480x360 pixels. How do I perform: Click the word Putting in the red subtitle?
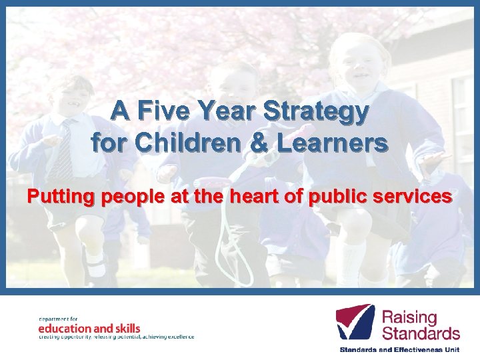[55, 197]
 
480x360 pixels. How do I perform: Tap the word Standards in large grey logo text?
[421, 333]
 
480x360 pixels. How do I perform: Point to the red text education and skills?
[89, 328]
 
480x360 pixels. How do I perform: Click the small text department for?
[59, 319]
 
